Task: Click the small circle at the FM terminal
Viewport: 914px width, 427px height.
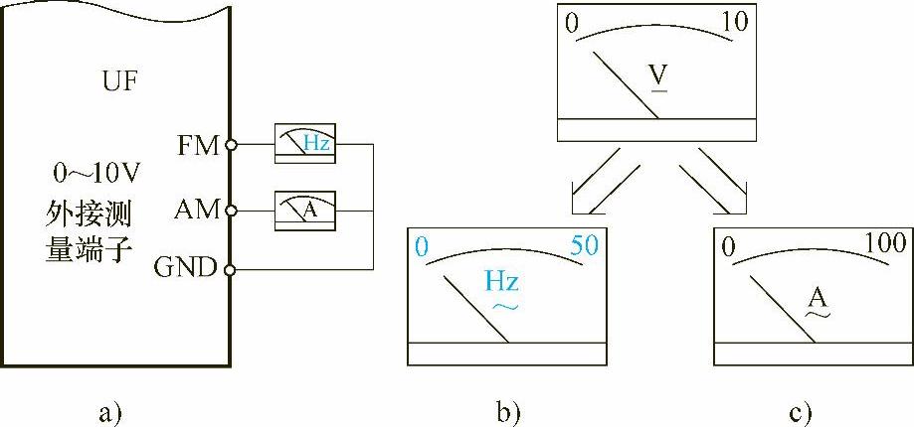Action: pos(231,145)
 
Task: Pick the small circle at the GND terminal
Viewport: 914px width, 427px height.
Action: pos(231,269)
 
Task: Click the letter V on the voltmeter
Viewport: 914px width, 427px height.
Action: pos(657,76)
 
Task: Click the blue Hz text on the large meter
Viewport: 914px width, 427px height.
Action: pos(501,282)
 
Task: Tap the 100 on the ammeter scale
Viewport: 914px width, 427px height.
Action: pos(885,244)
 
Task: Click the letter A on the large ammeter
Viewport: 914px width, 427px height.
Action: pos(818,296)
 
